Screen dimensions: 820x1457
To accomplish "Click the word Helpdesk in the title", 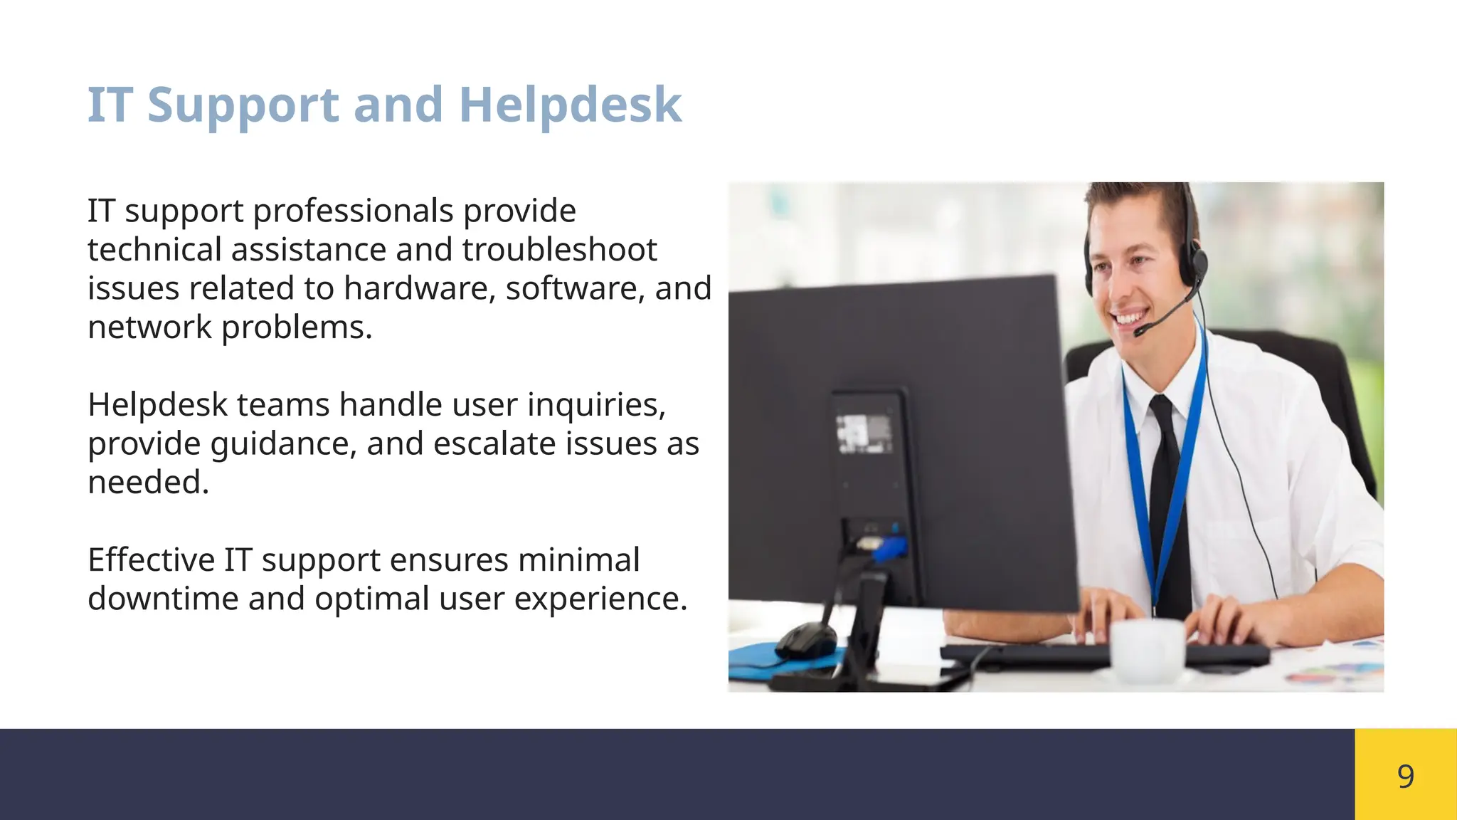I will [571, 105].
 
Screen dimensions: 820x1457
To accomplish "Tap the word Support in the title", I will [243, 105].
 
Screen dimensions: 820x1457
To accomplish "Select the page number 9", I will [1405, 775].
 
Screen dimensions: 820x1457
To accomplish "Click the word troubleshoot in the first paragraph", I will [559, 250].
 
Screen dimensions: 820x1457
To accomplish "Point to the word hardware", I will [420, 288].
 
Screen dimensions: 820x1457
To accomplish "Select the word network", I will [149, 327].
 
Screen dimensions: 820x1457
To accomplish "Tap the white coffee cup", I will [1147, 648].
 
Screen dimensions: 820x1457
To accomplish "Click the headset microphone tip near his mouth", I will [1140, 330].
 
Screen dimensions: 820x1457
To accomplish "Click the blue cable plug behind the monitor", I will [889, 548].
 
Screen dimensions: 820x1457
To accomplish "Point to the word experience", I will [600, 599].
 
